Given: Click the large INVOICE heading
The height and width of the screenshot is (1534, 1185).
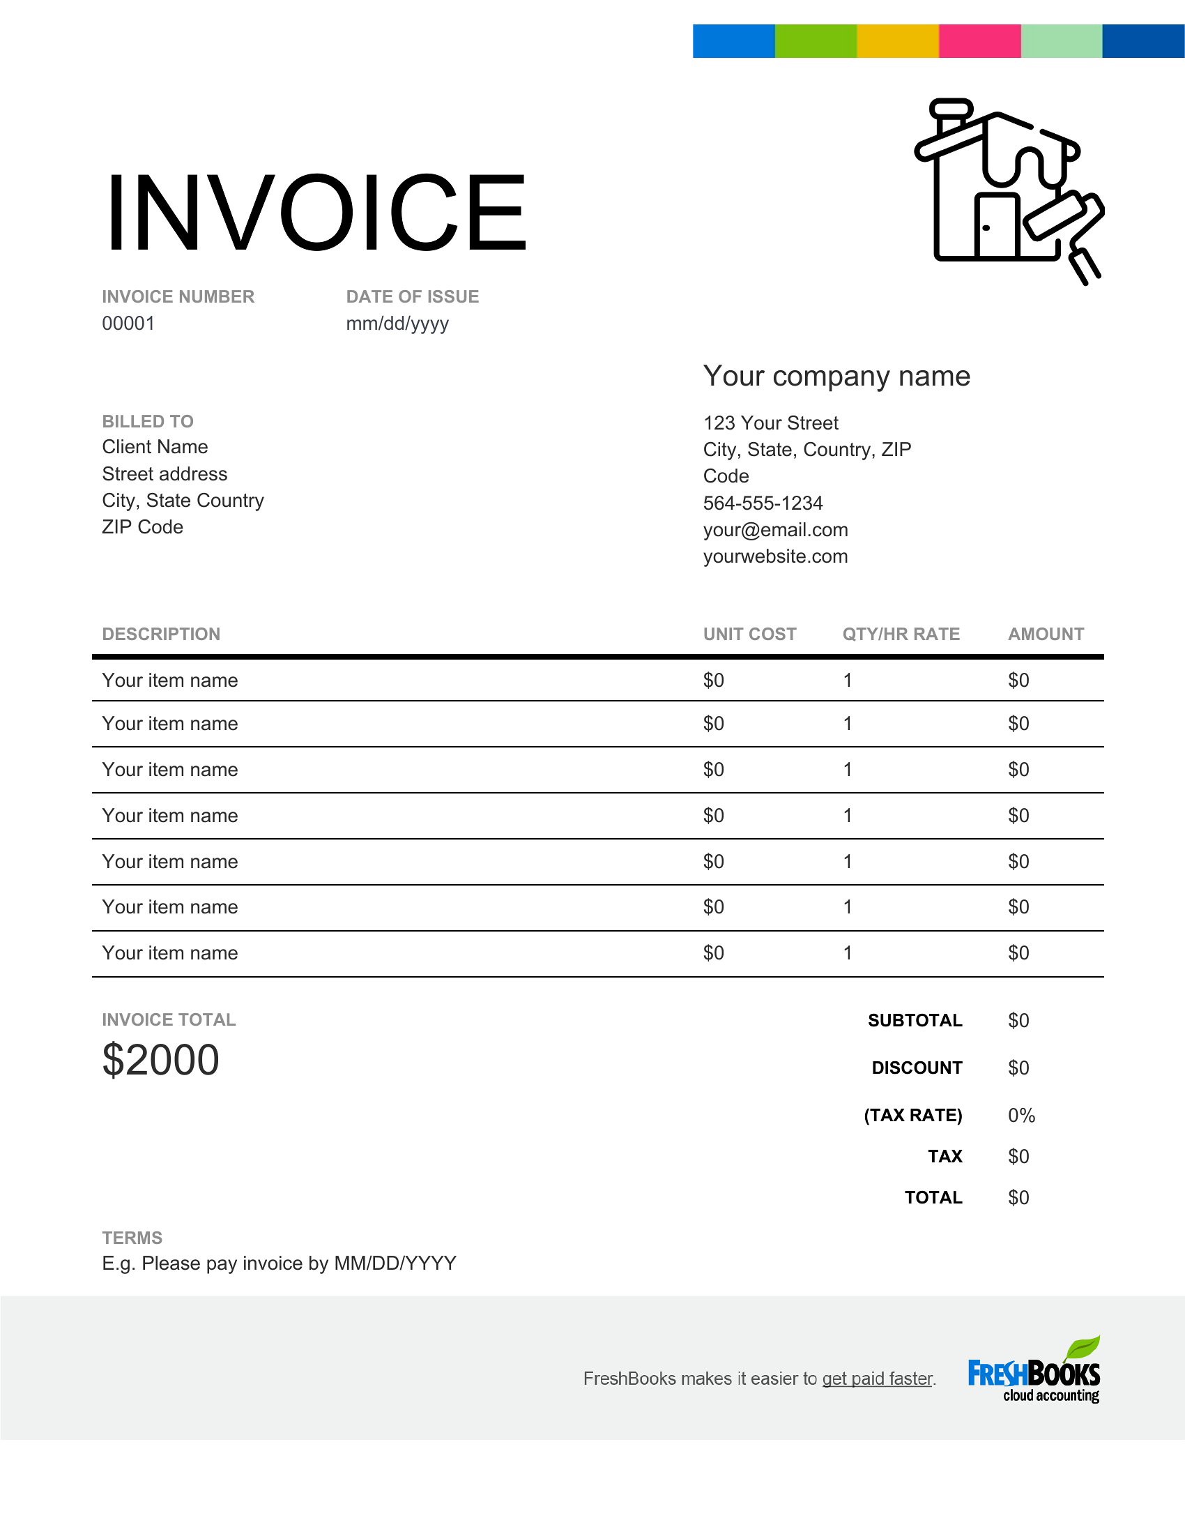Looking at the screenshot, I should coord(316,212).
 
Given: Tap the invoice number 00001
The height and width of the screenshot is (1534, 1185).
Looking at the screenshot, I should coord(128,323).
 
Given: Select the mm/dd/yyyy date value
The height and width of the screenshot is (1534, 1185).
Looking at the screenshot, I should coord(397,323).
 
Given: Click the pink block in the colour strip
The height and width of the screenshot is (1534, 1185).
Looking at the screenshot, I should coord(979,40).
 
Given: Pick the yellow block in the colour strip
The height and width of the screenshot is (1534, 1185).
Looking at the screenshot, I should coord(897,40).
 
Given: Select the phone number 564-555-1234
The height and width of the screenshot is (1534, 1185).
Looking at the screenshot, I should coord(763,503).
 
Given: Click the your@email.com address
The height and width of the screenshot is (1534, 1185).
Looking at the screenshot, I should coord(776,530).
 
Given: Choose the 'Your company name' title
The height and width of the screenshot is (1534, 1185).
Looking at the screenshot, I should coord(836,377).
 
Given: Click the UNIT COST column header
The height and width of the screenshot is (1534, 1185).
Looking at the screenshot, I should coord(750,635).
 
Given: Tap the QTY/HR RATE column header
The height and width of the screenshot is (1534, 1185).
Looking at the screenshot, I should coord(901,635).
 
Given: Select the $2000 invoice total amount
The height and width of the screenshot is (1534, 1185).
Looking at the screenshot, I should coord(161,1059).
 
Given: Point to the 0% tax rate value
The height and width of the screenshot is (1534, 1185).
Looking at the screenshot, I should coord(1021,1116).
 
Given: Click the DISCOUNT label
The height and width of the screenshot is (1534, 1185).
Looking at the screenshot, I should coord(917,1068).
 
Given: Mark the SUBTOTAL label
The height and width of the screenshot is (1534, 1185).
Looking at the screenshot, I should coord(915,1020).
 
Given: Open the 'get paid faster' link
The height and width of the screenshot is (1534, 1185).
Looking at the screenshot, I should coord(877,1378).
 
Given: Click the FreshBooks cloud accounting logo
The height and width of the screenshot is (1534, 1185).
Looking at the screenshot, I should coord(1033,1373).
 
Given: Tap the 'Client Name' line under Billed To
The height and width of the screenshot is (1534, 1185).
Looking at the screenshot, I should coord(155,447).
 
